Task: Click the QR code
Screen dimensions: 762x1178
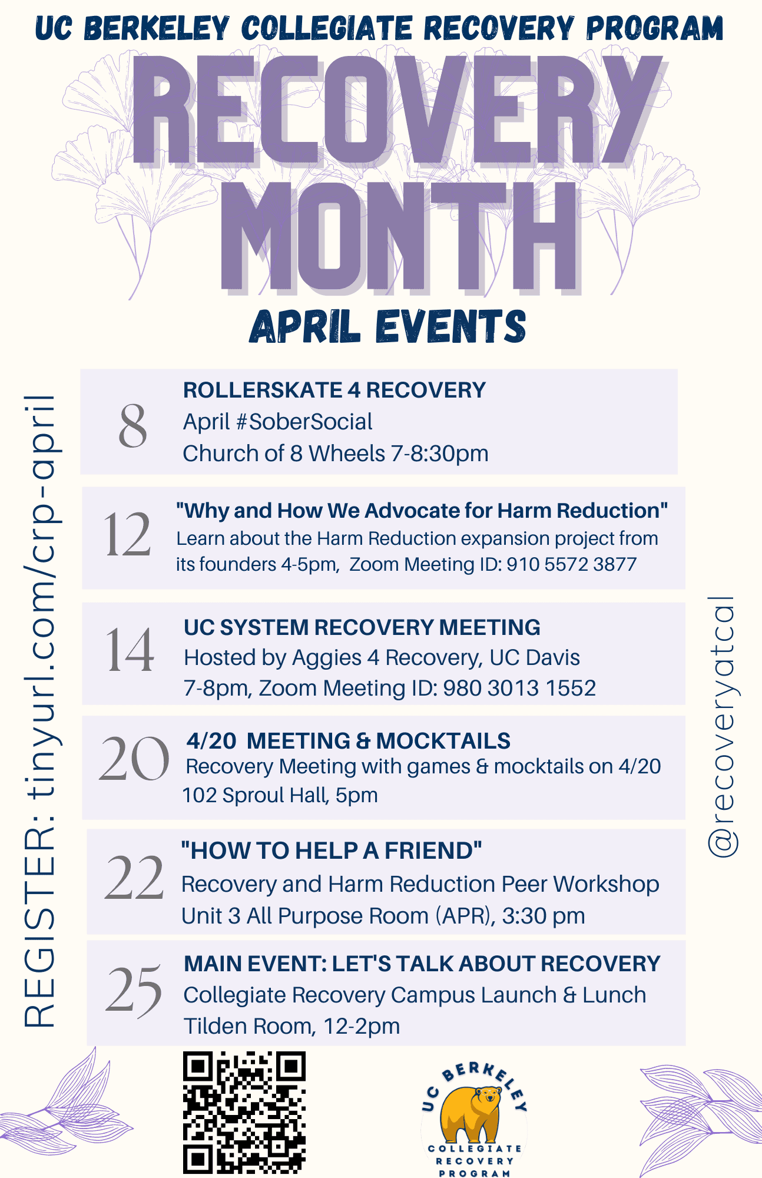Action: [244, 1113]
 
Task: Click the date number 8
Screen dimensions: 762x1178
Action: [132, 426]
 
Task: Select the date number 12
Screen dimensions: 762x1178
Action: [127, 534]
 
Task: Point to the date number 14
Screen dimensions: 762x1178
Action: [130, 650]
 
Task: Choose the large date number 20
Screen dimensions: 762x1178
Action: [134, 759]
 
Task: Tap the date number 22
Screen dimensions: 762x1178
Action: [134, 878]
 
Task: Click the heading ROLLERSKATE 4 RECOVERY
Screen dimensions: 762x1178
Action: [334, 390]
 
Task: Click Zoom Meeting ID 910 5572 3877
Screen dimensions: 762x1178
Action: [493, 564]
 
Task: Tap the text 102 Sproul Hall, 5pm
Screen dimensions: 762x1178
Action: [280, 795]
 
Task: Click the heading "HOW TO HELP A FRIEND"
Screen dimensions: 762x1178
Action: [332, 851]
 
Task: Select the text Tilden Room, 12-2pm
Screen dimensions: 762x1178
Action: [291, 1026]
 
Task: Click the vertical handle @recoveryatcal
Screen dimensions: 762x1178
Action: [722, 726]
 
